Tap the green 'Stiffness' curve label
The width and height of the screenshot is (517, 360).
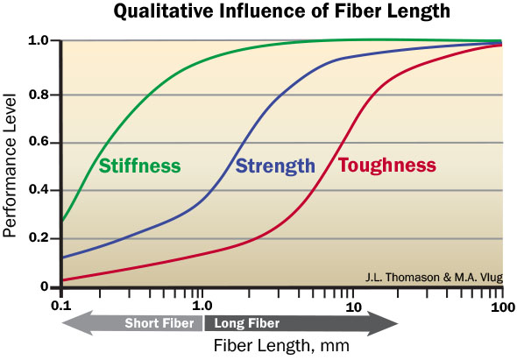[139, 166]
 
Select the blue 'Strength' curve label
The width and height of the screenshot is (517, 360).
[275, 166]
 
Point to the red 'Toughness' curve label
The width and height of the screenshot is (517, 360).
[386, 166]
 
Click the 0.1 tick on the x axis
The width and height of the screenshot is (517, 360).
[61, 307]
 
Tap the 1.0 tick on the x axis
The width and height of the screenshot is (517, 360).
[202, 307]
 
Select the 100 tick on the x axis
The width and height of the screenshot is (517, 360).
[502, 307]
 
